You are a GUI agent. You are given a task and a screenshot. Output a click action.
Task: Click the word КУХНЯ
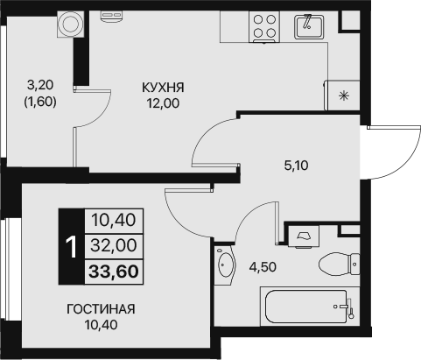[x=163, y=88]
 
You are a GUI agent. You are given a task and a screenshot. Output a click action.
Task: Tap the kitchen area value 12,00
[x=163, y=102]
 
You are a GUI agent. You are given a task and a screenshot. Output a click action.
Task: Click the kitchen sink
[x=308, y=25]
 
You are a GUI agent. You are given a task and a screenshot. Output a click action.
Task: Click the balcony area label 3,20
[x=39, y=86]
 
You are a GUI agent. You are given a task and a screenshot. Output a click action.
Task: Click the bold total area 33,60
[x=115, y=270]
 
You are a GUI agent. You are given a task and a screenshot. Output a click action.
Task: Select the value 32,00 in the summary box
[x=115, y=245]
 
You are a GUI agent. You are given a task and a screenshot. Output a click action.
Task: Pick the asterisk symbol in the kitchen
[x=343, y=95]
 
